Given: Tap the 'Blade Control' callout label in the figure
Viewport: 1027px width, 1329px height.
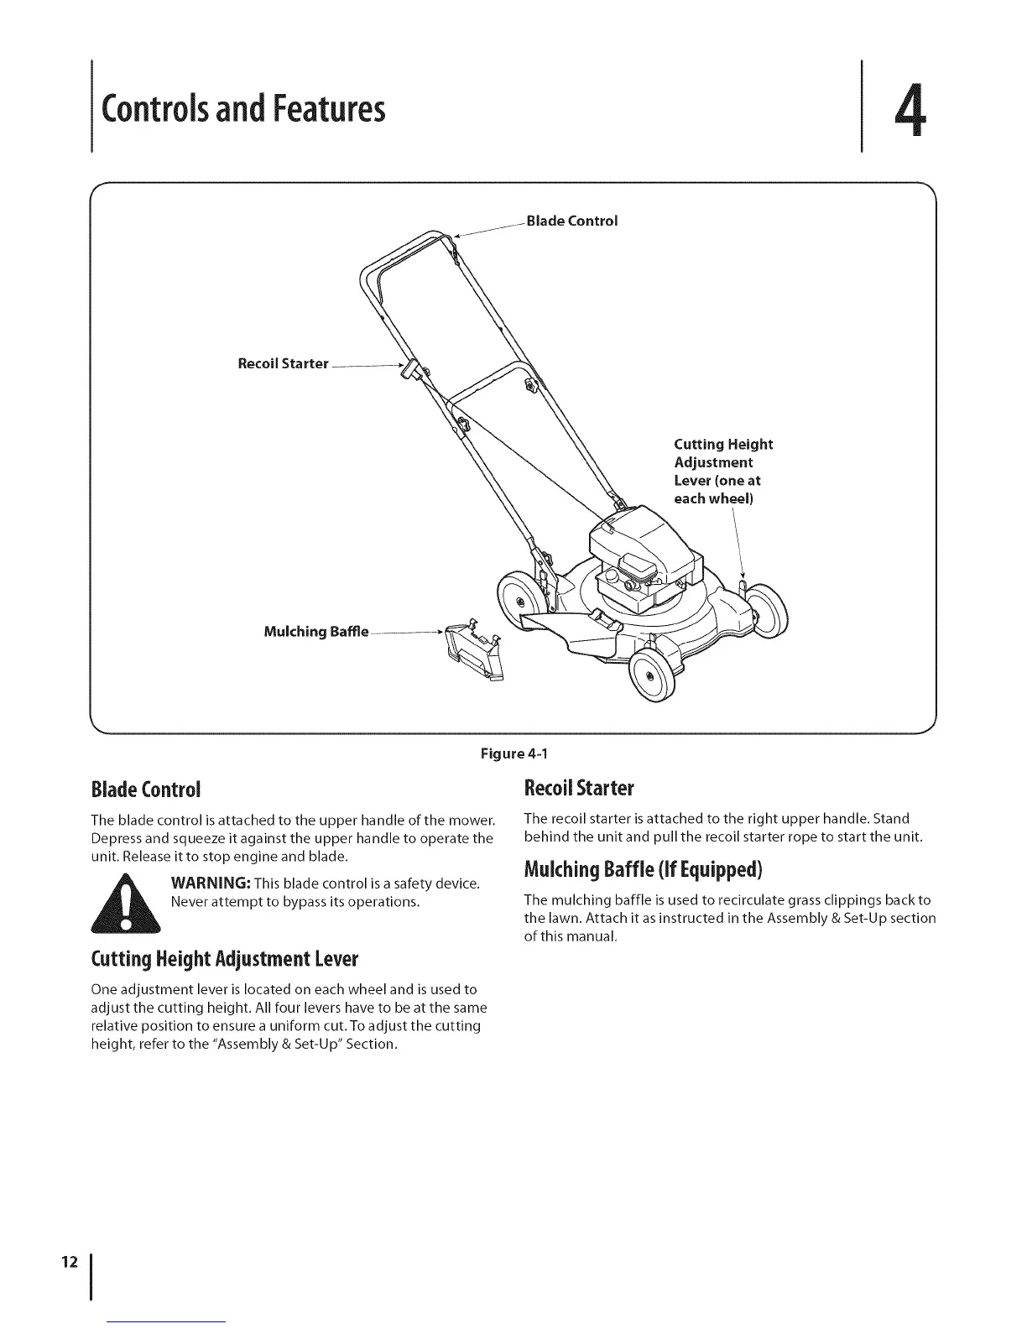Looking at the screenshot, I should pos(571,221).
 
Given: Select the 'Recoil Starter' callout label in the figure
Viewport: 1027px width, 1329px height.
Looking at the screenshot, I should pos(283,363).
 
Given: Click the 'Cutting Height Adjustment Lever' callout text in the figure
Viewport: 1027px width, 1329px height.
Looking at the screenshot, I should pos(722,471).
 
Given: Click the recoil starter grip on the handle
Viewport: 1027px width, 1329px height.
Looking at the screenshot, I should pos(410,370).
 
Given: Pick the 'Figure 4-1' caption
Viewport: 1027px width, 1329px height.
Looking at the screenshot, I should pos(513,753).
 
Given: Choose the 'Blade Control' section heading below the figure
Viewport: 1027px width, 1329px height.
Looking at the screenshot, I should pos(146,790).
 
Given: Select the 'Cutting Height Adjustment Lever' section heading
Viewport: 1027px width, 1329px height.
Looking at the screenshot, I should pos(224,958).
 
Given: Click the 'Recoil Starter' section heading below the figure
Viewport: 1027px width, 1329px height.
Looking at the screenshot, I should pos(579,789).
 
